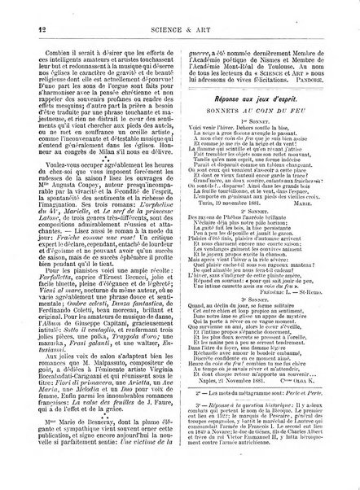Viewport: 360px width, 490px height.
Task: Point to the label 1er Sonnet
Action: tap(261, 138)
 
